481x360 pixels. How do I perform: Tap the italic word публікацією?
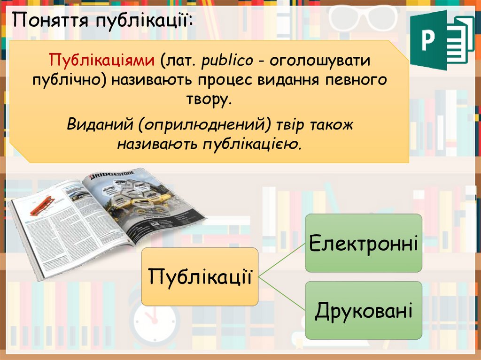251,143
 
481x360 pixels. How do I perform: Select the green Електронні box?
364,243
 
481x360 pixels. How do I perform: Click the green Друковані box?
364,310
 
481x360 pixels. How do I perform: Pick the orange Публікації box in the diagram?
200,277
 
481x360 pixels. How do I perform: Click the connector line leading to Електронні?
282,260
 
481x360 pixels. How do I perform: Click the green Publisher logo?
442,40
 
